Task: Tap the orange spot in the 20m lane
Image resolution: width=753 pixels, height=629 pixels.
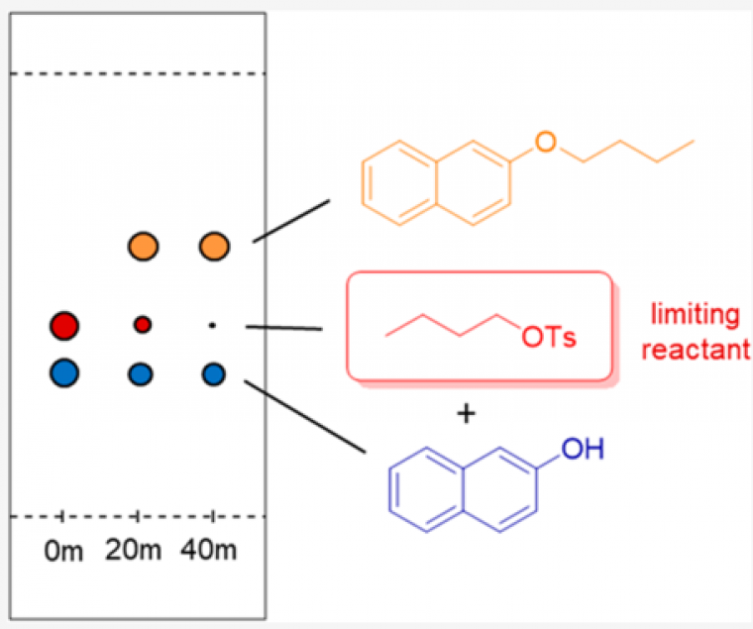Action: (144, 245)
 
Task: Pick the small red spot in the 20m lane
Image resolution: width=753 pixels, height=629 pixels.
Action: (143, 324)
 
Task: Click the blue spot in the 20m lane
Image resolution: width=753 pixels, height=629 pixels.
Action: (142, 373)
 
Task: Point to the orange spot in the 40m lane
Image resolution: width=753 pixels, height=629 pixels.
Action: (214, 245)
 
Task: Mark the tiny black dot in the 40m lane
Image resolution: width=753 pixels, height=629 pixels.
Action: (212, 324)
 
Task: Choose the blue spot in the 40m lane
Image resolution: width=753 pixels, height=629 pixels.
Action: (214, 373)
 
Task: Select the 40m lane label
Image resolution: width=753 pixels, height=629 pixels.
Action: (211, 550)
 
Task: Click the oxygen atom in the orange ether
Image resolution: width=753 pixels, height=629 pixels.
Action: (543, 142)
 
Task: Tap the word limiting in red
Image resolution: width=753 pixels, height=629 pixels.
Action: (694, 315)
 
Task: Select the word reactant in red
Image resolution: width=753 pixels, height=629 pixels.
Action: (699, 349)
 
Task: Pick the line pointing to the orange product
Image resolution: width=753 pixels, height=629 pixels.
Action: (291, 220)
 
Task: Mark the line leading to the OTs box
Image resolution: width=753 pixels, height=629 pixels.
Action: (285, 327)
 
